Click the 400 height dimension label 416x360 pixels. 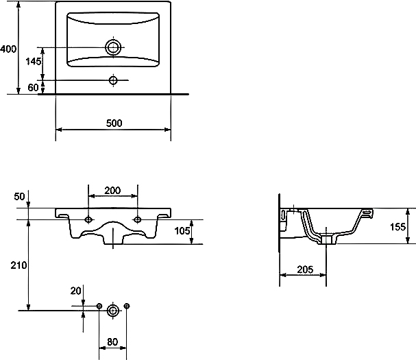[x=8, y=49]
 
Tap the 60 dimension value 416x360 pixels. [x=33, y=87]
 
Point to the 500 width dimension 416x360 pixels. [x=114, y=123]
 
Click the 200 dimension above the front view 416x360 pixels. [x=113, y=190]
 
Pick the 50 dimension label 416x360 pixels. [x=19, y=197]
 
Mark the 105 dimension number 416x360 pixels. [x=182, y=231]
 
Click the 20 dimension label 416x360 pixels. [x=76, y=291]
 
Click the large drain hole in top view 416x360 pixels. [x=113, y=47]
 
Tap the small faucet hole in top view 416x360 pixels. [x=113, y=80]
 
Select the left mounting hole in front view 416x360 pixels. [x=88, y=219]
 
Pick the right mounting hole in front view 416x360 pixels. [x=138, y=219]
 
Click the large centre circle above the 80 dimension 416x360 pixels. [x=113, y=311]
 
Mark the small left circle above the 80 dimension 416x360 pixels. [x=99, y=305]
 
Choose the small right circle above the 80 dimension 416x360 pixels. [x=127, y=305]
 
